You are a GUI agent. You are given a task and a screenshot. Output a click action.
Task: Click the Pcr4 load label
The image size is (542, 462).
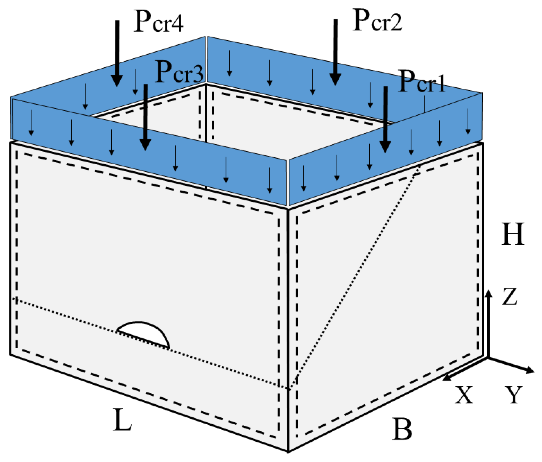(158, 22)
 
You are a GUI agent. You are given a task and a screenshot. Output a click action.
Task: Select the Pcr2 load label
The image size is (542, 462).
(377, 21)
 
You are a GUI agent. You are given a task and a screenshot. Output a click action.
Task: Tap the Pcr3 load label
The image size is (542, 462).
(179, 72)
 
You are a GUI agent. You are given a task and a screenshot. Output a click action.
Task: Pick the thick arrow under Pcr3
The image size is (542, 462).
(145, 117)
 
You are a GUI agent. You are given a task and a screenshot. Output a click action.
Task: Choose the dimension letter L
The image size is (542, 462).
(122, 420)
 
